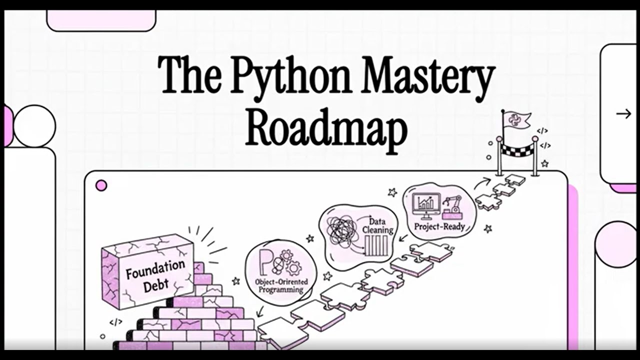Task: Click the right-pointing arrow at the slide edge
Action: coord(623,114)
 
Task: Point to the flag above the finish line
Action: coord(516,119)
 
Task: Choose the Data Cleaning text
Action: coord(381,225)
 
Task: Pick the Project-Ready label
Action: coord(439,226)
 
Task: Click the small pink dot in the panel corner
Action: coord(101,186)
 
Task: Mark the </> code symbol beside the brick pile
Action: coord(115,322)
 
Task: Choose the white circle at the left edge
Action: coord(34,125)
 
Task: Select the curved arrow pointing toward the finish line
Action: coord(483,181)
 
